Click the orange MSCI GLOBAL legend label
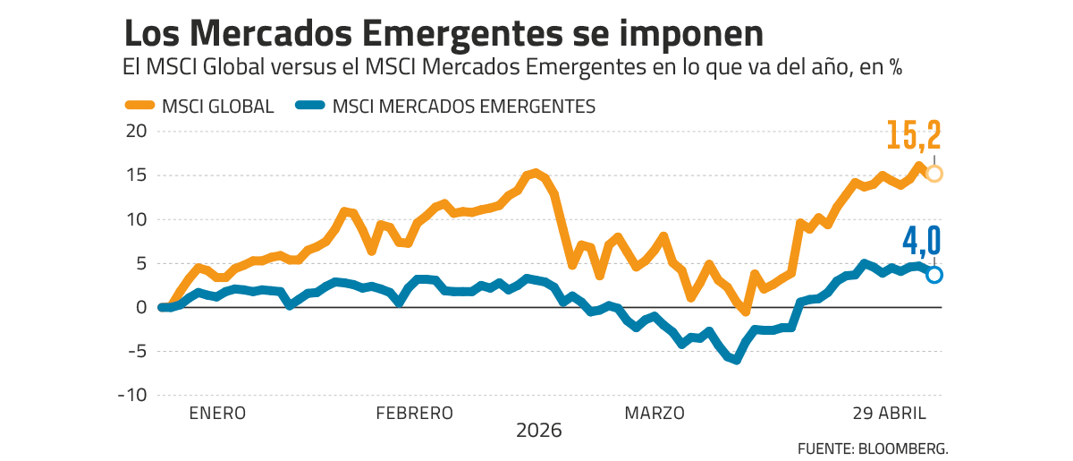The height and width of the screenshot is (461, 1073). coord(217,107)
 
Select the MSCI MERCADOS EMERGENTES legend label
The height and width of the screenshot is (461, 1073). coord(463,107)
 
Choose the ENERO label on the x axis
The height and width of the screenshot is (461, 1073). coord(216,414)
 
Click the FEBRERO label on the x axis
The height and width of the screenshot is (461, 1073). coord(414,414)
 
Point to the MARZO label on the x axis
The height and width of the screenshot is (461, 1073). coord(655,414)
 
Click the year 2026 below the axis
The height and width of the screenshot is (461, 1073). coord(539,431)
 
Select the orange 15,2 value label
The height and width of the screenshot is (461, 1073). coord(914,136)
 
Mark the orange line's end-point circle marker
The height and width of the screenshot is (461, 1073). coord(934,174)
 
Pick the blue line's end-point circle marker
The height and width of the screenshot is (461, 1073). coord(934,275)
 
